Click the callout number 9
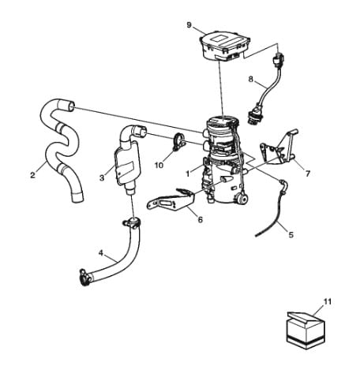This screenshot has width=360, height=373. (x=189, y=25)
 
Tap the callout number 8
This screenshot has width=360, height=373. (x=251, y=79)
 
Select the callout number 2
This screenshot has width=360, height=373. (x=32, y=175)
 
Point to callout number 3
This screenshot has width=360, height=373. (x=102, y=178)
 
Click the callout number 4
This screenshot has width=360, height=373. (x=101, y=253)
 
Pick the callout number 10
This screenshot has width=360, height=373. (x=159, y=165)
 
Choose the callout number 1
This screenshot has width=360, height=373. (x=188, y=173)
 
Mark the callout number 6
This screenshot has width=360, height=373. (x=201, y=219)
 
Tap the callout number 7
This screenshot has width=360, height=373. (x=308, y=173)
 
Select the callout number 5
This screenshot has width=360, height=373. (x=291, y=235)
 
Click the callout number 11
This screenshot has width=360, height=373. (x=327, y=302)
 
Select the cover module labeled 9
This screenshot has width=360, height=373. (x=224, y=47)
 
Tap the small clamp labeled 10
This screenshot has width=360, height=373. (x=178, y=142)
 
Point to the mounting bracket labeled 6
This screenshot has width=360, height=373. (x=171, y=200)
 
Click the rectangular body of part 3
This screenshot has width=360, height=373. (x=127, y=164)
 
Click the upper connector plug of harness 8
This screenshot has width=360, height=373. (x=279, y=60)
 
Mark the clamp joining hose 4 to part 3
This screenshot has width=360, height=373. (x=132, y=223)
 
